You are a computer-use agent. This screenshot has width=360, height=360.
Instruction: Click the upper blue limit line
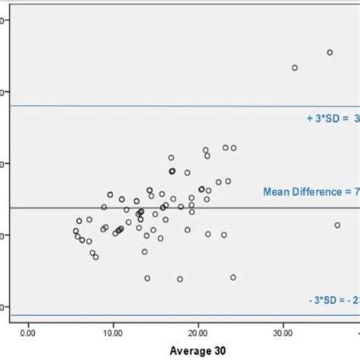click(152, 106)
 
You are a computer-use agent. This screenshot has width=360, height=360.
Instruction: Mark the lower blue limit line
click(152, 315)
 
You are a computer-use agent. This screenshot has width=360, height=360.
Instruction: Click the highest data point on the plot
click(330, 52)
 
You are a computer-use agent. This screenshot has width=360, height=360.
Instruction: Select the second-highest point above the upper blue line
click(295, 68)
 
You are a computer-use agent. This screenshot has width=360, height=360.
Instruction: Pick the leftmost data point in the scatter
click(75, 231)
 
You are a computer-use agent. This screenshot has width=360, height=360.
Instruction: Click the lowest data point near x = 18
click(180, 279)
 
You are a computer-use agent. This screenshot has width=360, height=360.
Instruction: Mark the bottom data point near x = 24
click(233, 277)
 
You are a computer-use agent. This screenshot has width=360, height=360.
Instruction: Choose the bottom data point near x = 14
click(147, 278)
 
